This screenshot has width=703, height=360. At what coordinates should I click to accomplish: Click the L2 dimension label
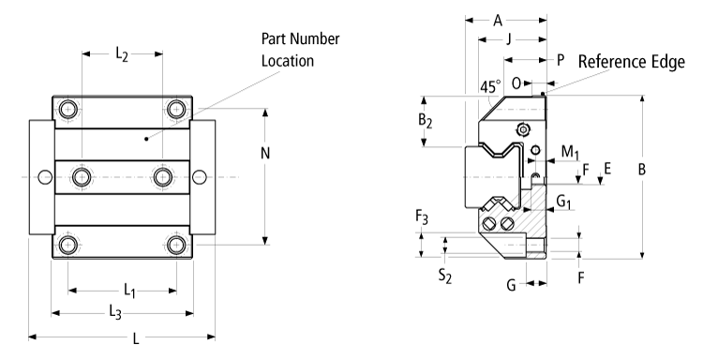click(x=122, y=55)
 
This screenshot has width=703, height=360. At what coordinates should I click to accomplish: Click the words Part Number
click(x=300, y=39)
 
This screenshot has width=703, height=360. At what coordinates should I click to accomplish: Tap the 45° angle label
click(x=488, y=86)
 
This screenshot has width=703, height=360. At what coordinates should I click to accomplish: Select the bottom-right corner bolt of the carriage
click(x=176, y=245)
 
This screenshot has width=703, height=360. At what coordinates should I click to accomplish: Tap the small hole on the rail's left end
click(x=43, y=176)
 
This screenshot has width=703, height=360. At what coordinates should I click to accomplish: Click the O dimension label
click(x=516, y=83)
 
